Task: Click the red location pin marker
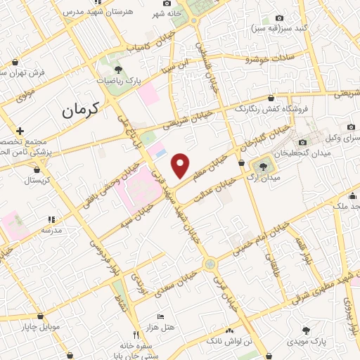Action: [181, 165]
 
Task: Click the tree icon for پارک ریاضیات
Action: [118, 70]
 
